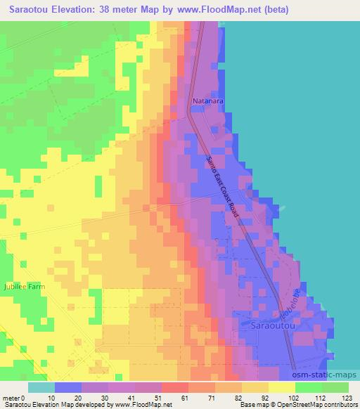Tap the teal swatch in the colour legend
[41, 387]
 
